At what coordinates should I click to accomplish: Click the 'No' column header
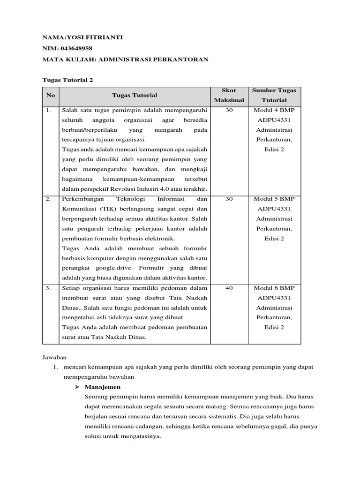(x=50, y=95)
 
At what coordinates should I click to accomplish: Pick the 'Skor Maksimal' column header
(x=229, y=95)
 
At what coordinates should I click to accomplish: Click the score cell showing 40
(x=229, y=288)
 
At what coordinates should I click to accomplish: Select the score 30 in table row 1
(x=229, y=110)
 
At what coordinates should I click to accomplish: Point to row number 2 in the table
(x=49, y=199)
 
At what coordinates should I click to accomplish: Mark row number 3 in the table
(x=49, y=288)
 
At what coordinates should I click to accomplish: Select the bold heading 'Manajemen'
(x=103, y=387)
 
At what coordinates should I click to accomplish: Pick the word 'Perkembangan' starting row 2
(x=82, y=199)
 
